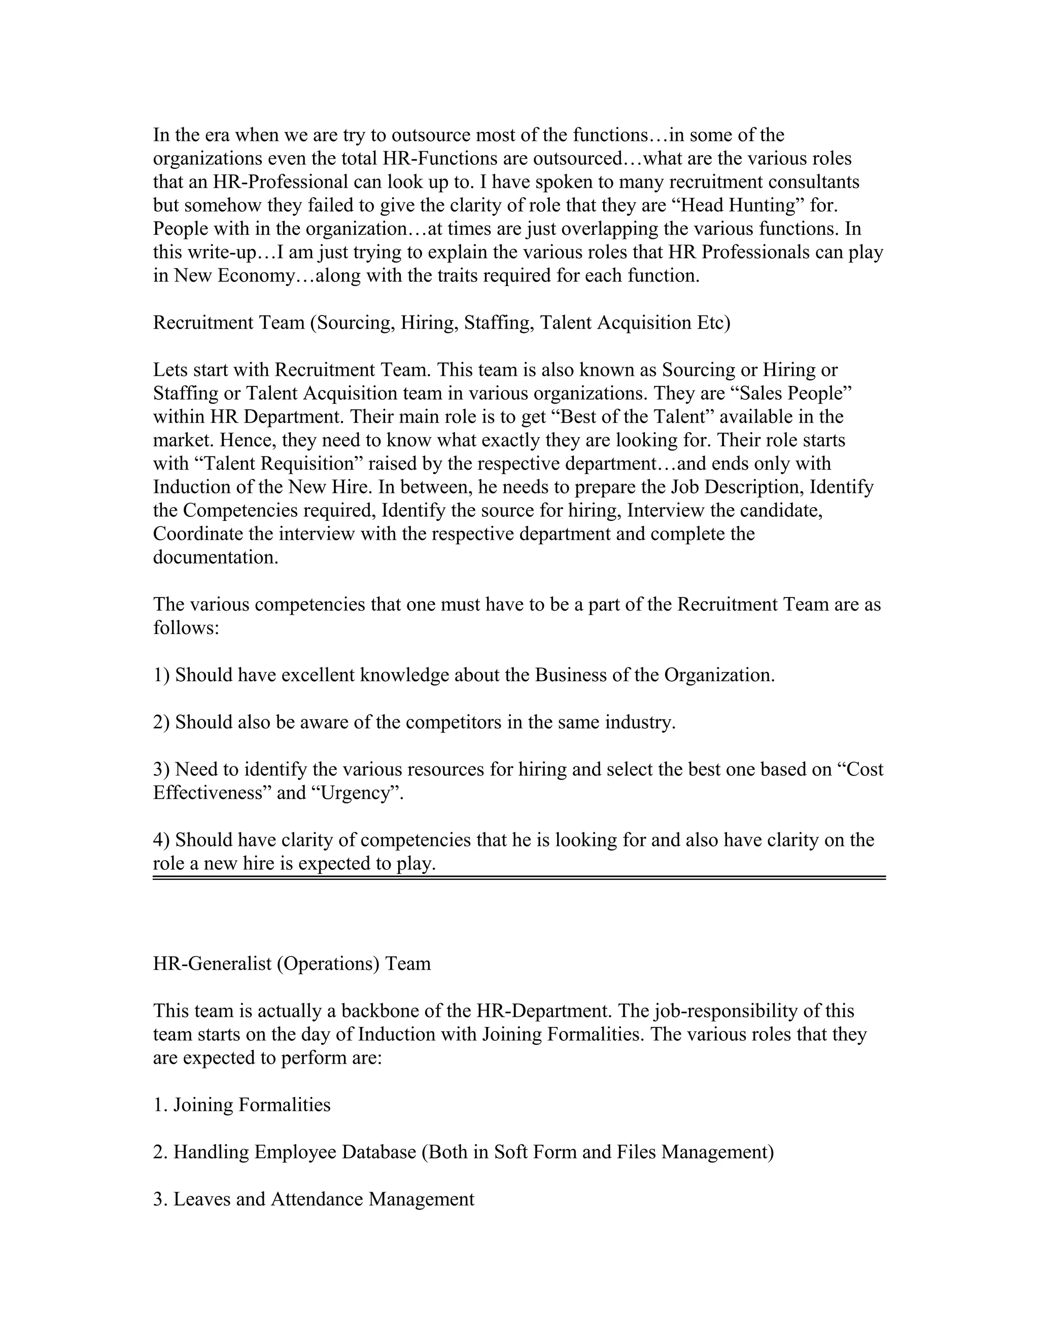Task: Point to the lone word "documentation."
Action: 216,557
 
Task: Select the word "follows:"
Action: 186,628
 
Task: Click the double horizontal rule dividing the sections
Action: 519,877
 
